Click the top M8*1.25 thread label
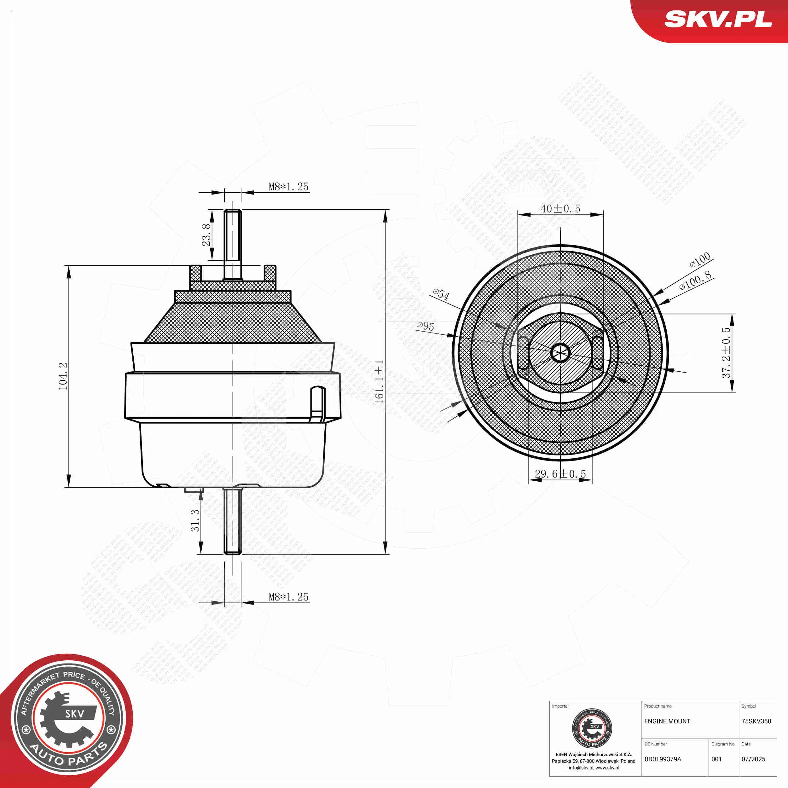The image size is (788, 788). (288, 187)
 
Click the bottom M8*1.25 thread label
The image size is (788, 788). (288, 597)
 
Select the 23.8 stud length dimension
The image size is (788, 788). (207, 235)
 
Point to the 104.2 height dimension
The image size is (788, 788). (63, 376)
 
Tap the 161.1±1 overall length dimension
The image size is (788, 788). (379, 382)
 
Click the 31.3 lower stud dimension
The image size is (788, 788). (195, 520)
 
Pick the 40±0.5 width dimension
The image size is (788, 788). (560, 209)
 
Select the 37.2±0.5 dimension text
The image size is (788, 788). (726, 353)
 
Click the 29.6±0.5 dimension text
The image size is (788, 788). (560, 474)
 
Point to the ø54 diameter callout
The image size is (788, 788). (441, 294)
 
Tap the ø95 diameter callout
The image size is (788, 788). (426, 326)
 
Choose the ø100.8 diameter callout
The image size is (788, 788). (695, 281)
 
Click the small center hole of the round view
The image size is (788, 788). (560, 352)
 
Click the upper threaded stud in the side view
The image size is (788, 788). (233, 244)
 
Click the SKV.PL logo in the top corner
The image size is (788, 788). (718, 19)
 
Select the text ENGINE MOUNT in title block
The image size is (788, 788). (667, 721)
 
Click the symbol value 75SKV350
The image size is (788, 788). (756, 721)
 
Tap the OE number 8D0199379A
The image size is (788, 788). (663, 759)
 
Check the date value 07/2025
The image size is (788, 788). (753, 759)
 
